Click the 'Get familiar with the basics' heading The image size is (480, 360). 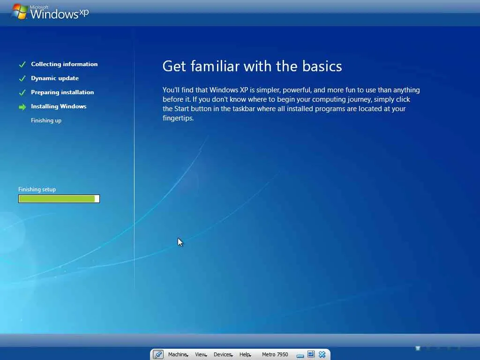pos(252,66)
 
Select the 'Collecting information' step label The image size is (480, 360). pos(64,64)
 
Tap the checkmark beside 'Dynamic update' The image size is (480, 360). pos(22,79)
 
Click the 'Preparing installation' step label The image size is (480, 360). pos(62,92)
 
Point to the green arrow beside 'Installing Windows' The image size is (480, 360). pos(22,107)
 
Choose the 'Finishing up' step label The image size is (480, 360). pos(46,120)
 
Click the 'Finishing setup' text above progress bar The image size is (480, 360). pos(37,189)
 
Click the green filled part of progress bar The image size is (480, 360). pos(57,199)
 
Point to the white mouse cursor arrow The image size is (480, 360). pos(180,242)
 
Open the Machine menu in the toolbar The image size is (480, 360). pos(178,354)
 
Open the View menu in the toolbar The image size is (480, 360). pos(201,354)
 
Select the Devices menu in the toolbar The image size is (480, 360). pos(223,354)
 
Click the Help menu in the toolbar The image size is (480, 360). pos(245,354)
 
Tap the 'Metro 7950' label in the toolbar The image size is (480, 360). pos(275,354)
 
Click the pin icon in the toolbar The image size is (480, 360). pos(158,354)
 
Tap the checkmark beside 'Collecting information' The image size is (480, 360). pos(22,65)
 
